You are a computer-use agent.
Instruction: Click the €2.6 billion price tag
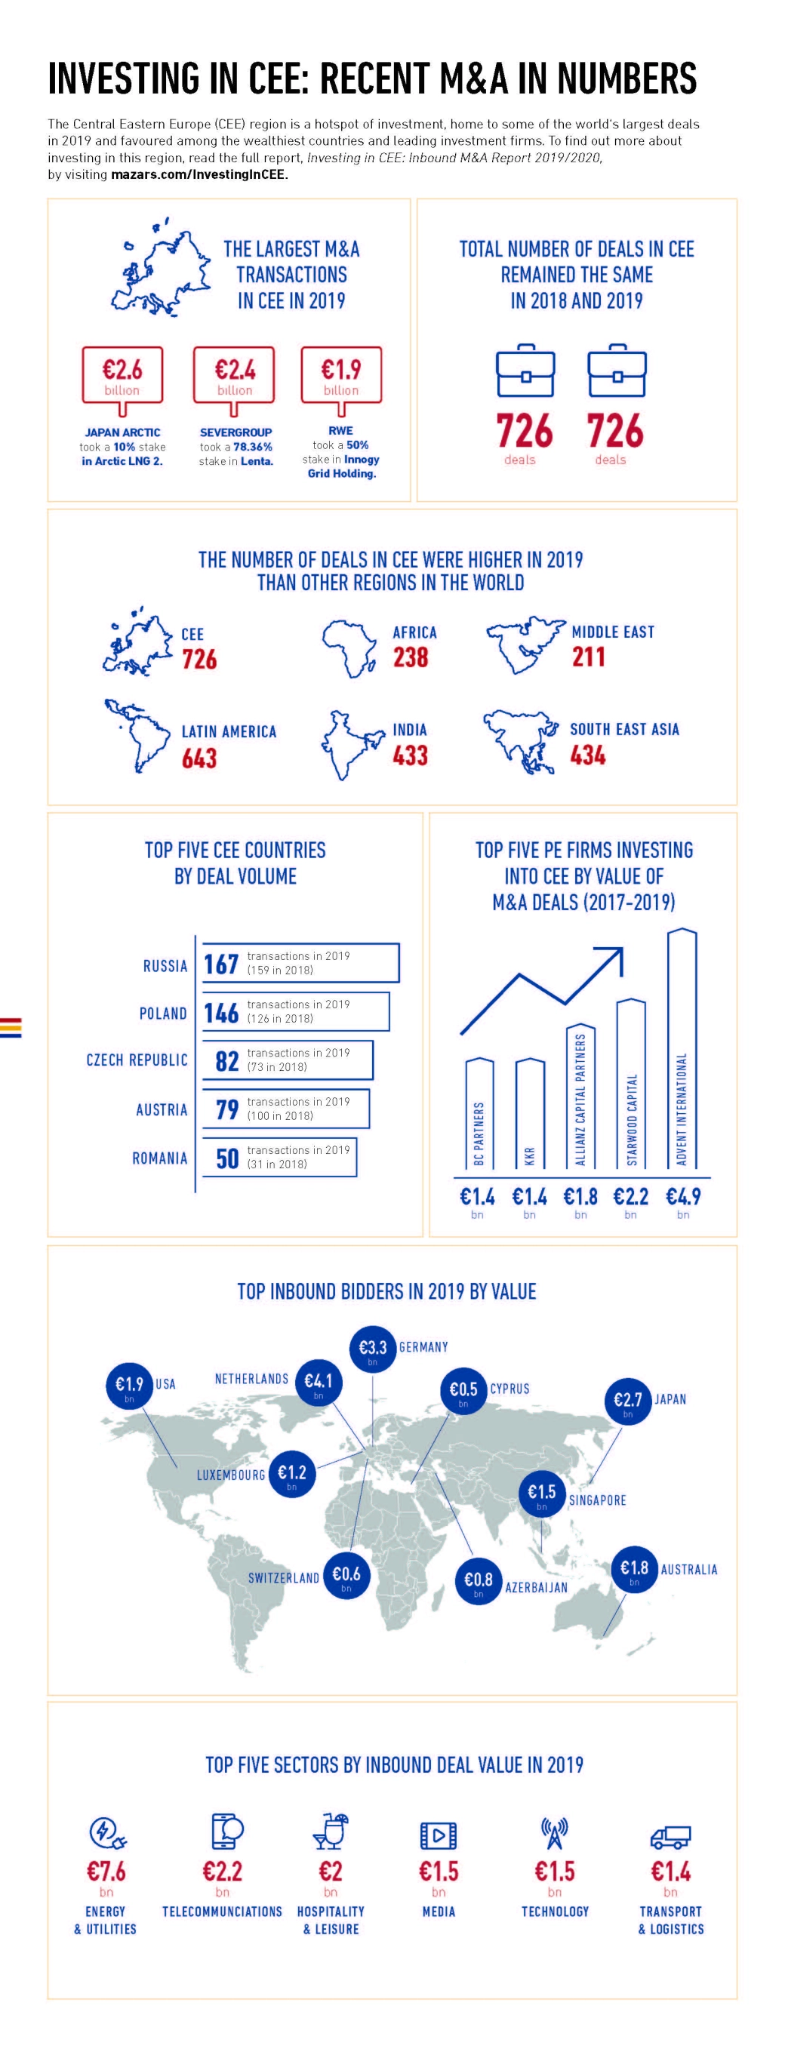[x=122, y=376]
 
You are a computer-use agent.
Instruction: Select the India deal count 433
[x=410, y=755]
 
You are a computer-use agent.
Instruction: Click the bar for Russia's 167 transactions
[x=300, y=963]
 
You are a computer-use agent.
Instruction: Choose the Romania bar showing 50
[x=279, y=1157]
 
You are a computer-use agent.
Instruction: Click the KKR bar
[x=530, y=1114]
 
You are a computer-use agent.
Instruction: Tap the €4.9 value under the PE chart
[x=683, y=1198]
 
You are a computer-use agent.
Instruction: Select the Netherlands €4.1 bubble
[x=319, y=1382]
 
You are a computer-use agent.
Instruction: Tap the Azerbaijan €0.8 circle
[x=478, y=1580]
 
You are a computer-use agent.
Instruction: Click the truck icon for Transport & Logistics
[x=670, y=1837]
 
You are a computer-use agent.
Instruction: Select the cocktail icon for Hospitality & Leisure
[x=331, y=1831]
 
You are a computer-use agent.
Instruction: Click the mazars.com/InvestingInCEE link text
[x=198, y=174]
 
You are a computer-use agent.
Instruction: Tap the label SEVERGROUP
[x=235, y=432]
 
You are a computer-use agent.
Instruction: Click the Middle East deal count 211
[x=588, y=657]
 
